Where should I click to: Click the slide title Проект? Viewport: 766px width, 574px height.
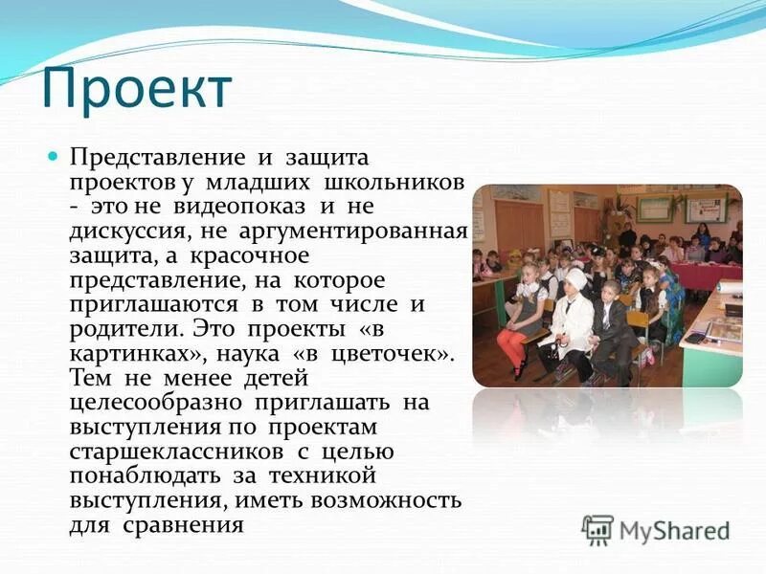136,88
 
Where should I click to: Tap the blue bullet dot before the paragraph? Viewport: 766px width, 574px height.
54,155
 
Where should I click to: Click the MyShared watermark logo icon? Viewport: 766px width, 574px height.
598,530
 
